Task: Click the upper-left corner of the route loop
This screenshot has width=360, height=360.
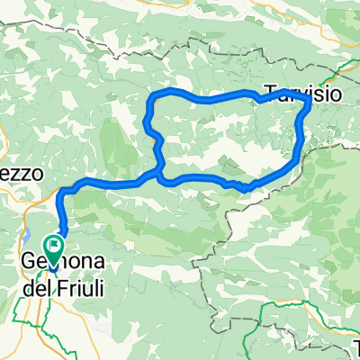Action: [154, 94]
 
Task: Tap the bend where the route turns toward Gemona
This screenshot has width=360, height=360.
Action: [64, 191]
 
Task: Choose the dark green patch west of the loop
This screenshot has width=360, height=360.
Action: [112, 144]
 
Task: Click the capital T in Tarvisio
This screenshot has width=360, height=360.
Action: [271, 90]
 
